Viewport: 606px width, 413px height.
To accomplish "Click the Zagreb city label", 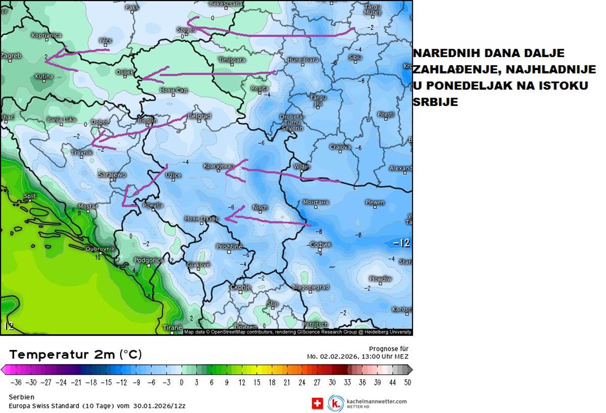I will click(11, 56).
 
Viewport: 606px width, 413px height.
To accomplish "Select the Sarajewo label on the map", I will click(112, 175).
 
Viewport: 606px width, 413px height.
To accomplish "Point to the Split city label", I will click(30, 196).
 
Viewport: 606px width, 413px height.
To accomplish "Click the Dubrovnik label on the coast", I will click(100, 249).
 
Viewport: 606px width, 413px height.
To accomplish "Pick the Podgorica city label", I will click(148, 261).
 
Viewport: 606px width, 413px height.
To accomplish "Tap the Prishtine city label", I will click(229, 246).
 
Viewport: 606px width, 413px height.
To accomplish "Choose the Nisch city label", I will click(260, 208).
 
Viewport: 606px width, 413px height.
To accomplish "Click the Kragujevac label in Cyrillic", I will click(219, 166).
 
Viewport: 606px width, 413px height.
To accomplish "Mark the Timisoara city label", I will click(232, 60).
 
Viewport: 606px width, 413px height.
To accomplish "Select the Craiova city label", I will click(340, 147).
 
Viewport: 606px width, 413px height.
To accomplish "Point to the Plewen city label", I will click(375, 202).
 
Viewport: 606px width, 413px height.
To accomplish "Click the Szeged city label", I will click(186, 30).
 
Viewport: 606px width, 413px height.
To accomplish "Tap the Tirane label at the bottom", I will click(172, 328).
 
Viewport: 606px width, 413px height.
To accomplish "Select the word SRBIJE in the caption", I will click(435, 102).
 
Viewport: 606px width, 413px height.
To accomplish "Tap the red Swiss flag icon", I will click(318, 403).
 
